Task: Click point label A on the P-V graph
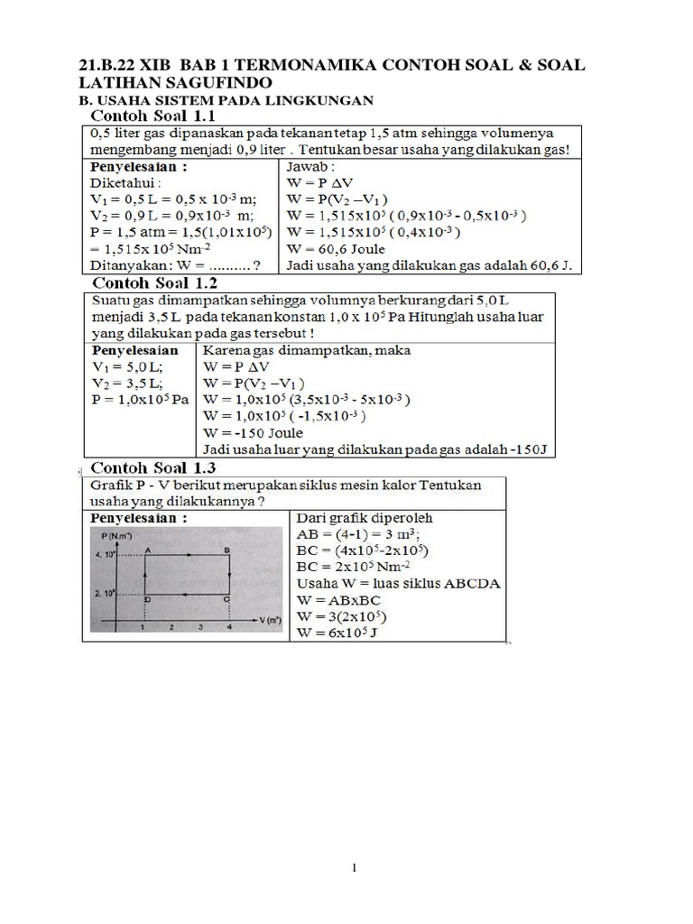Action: (148, 550)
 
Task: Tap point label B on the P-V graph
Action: (226, 550)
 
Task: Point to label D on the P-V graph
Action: (147, 598)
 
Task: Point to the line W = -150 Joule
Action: (255, 432)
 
